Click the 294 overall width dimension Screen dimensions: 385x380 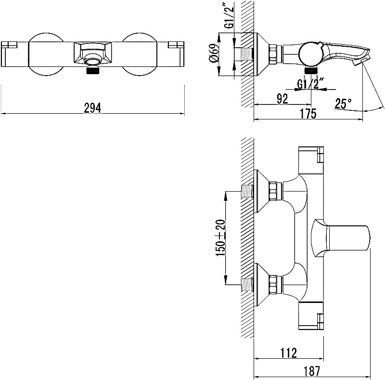pos(92,108)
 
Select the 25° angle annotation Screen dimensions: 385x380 pos(343,104)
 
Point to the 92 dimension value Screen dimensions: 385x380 pos(282,99)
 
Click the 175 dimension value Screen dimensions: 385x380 pos(308,114)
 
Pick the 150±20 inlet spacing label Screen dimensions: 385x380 pos(220,238)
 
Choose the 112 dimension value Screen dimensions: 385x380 pos(288,353)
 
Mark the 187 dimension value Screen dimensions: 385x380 pos(311,371)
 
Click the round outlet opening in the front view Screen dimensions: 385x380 pos(92,59)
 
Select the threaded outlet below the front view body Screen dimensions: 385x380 pos(93,70)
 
